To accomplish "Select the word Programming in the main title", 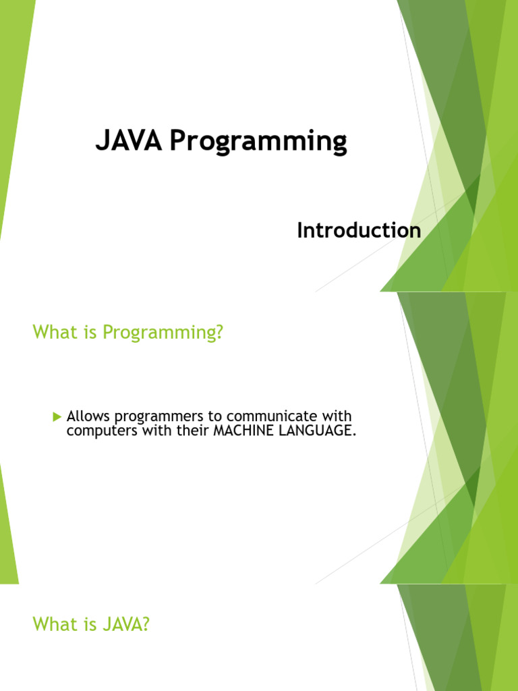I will (x=258, y=143).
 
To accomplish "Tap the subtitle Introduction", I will (x=359, y=231).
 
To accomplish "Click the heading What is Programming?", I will (x=127, y=333).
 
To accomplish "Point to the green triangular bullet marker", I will (x=57, y=416).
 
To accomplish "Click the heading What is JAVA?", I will (x=90, y=625).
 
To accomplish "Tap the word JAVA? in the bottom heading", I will (x=125, y=625).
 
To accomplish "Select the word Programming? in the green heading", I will (x=163, y=333).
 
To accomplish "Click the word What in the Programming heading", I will (x=53, y=333).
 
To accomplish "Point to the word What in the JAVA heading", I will (x=53, y=625).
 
